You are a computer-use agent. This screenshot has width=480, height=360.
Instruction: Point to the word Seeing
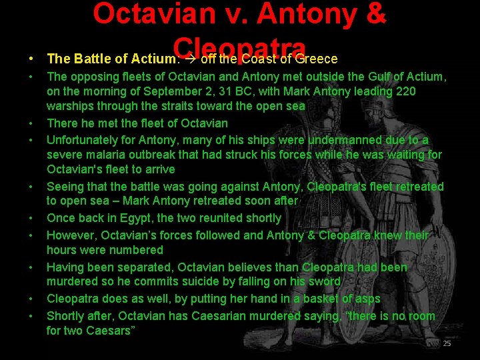pyautogui.click(x=65, y=187)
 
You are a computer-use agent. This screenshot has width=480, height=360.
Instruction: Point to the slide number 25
pyautogui.click(x=447, y=343)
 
